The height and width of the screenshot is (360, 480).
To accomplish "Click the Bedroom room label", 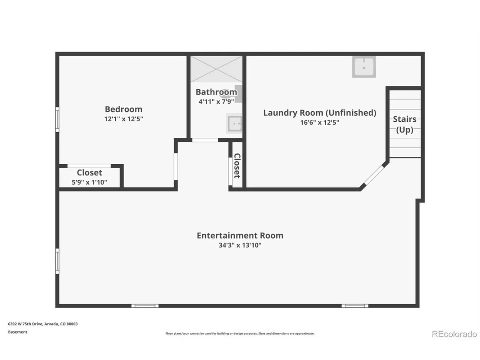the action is (123, 109).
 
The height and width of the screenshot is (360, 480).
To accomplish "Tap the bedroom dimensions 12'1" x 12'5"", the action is (123, 119).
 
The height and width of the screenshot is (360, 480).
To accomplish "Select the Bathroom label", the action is (216, 92).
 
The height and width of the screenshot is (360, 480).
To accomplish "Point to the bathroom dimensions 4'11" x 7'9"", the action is (216, 101).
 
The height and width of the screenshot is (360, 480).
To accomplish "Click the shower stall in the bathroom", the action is (217, 69).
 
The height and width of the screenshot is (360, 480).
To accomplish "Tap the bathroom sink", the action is (234, 123).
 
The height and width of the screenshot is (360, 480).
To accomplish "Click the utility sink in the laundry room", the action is (363, 66).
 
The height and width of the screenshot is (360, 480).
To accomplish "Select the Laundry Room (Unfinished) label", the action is (320, 113).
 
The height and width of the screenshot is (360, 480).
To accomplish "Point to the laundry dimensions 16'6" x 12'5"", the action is (320, 123).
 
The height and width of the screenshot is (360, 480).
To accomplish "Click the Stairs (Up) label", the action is (405, 124).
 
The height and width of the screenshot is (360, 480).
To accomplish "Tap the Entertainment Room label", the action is (240, 235).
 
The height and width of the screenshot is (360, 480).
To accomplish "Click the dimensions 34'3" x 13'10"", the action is (240, 245).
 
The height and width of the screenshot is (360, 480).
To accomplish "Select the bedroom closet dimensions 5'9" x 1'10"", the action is (89, 182).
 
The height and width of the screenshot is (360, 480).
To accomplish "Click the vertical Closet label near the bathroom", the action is (237, 165).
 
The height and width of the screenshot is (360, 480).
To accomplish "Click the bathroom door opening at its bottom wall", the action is (205, 140).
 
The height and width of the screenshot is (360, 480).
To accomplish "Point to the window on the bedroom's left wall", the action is (57, 120).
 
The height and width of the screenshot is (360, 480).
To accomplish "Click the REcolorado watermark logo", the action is (454, 334).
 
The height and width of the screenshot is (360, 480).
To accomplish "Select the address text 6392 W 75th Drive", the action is (26, 324).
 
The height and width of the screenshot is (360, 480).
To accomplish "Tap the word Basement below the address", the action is (17, 332).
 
